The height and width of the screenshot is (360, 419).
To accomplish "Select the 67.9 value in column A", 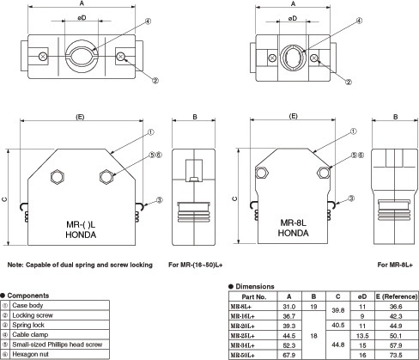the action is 289,356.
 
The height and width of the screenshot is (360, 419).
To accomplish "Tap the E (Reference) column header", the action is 397,296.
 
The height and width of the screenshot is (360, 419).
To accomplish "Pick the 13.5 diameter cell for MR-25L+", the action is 362,336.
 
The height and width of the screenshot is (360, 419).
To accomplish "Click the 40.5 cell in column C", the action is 338,326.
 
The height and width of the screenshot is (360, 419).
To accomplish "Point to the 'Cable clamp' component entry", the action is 30,334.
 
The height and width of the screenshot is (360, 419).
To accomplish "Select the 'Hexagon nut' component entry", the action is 30,354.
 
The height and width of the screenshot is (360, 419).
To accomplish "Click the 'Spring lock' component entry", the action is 28,325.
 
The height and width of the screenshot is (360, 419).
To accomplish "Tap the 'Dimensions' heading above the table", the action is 255,286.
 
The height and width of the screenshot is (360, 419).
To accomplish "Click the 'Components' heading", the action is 28,296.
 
